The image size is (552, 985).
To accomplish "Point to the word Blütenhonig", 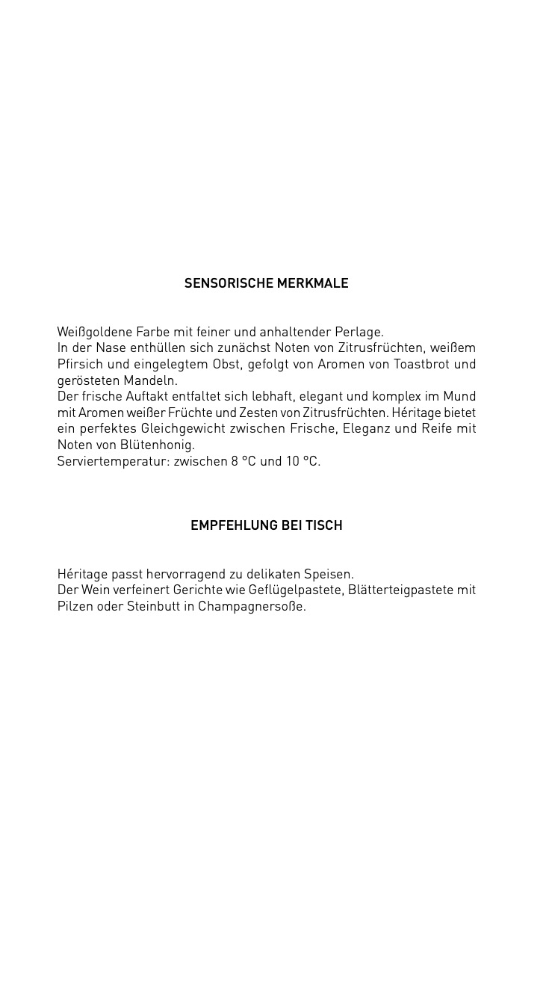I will (157, 445).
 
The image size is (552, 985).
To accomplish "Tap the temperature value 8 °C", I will (244, 461).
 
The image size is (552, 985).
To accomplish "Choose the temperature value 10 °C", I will (303, 461).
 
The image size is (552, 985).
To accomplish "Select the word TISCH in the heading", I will (323, 525).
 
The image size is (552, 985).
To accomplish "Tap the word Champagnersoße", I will (252, 606).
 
